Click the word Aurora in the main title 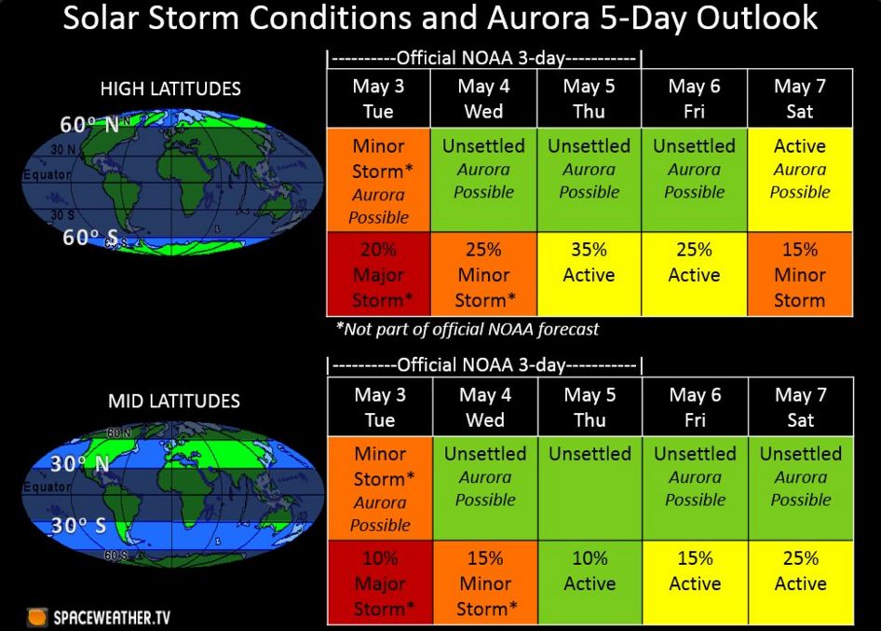click(538, 18)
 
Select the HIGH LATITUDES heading click(170, 89)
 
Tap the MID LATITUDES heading click(173, 401)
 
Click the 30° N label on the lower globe click(80, 464)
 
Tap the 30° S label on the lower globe click(78, 526)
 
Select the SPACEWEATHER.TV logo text click(111, 618)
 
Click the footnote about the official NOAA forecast click(468, 329)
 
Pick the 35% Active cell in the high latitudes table click(589, 274)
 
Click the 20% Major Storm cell click(379, 274)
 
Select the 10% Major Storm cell click(380, 583)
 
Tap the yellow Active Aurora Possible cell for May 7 click(800, 180)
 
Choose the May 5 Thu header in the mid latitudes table click(590, 407)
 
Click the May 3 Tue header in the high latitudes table click(379, 99)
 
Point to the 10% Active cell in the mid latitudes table click(590, 583)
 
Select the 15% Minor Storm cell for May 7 click(800, 274)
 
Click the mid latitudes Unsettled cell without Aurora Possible click(590, 488)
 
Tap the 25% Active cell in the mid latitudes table click(801, 583)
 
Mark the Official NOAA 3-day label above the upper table click(484, 59)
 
